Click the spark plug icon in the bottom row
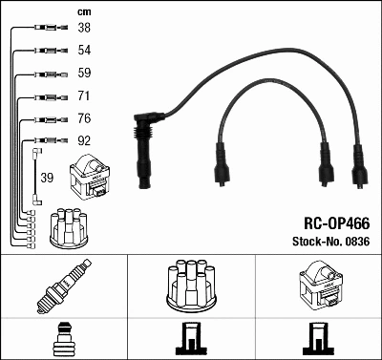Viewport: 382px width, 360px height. point(63,286)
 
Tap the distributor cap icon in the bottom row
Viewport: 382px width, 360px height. point(190,283)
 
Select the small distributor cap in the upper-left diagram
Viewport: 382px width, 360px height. point(70,224)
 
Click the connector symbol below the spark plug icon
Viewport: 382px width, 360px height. point(63,339)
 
